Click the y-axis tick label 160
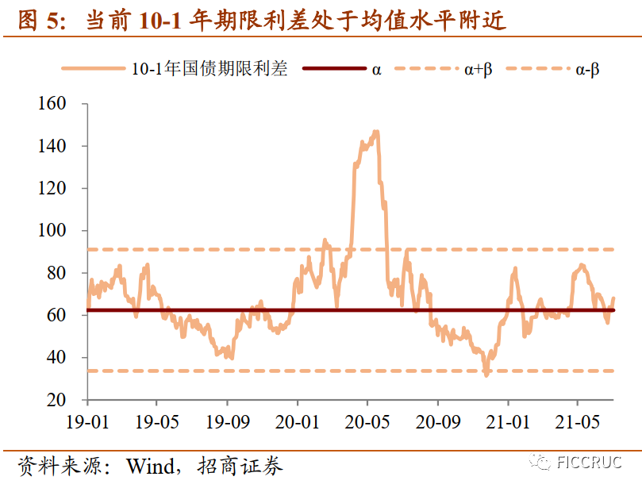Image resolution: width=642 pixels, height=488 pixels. click(x=52, y=104)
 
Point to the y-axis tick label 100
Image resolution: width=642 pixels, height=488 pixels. click(x=52, y=231)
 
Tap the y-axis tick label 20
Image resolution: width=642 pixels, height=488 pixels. click(x=56, y=400)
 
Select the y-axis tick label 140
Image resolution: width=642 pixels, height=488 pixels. click(x=52, y=146)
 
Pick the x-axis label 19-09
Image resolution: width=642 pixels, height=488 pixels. click(x=227, y=421)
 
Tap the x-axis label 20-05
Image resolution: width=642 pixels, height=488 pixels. click(x=367, y=421)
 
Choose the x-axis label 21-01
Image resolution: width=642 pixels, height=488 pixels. click(x=508, y=421)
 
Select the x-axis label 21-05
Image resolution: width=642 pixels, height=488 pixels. click(x=578, y=421)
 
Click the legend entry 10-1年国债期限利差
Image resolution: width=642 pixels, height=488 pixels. click(x=210, y=69)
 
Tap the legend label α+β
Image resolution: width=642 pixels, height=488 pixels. click(x=478, y=69)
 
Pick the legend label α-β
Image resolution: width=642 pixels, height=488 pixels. click(x=587, y=69)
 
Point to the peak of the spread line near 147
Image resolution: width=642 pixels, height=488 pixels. click(x=375, y=132)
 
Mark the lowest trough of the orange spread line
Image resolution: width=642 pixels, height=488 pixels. click(x=486, y=374)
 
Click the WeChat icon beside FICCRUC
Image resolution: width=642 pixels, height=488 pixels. click(x=542, y=463)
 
